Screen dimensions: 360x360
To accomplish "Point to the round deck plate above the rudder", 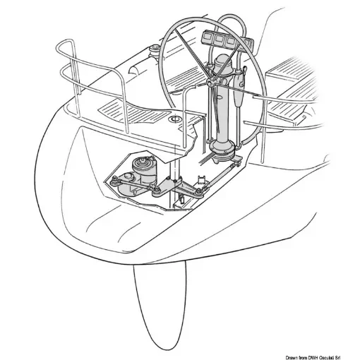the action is tap(174, 123).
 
